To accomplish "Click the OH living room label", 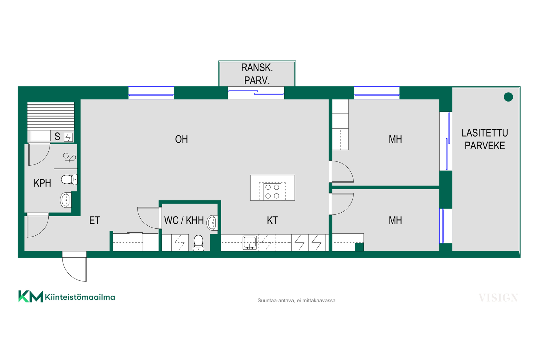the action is [181, 139].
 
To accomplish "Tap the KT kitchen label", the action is [272, 220].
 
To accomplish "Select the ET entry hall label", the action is [94, 220].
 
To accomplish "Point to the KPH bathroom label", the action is [42, 183].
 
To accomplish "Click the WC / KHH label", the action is [184, 220].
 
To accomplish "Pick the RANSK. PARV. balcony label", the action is [257, 74].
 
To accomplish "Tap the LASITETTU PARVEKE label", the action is [485, 139].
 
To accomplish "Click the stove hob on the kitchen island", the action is [272, 192].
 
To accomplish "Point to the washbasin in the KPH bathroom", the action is [66, 200].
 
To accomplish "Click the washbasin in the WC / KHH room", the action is [212, 223].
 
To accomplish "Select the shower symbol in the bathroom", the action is [69, 157].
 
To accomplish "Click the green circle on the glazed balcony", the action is [508, 97].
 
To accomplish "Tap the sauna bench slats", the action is [51, 116].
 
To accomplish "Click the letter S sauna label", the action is [57, 136].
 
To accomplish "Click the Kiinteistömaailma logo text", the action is [80, 297].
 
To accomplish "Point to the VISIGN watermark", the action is [498, 298].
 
